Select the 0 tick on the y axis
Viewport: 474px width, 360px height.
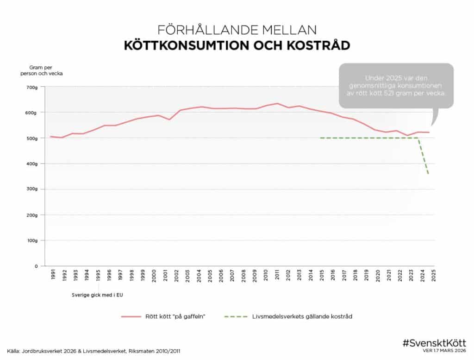pyautogui.click(x=36, y=266)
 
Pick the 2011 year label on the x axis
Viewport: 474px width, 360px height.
pyautogui.click(x=276, y=276)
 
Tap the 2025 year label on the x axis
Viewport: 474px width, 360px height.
pyautogui.click(x=434, y=276)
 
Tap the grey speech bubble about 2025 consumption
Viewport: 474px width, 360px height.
pyautogui.click(x=396, y=86)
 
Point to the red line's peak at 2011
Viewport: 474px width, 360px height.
pyautogui.click(x=276, y=103)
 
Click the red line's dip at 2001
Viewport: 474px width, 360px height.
pyautogui.click(x=169, y=120)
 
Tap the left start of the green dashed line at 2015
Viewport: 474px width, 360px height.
pyautogui.click(x=321, y=138)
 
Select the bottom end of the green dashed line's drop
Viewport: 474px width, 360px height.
pyautogui.click(x=429, y=174)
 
